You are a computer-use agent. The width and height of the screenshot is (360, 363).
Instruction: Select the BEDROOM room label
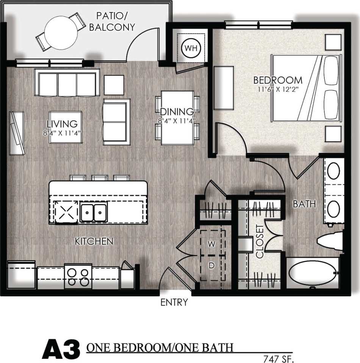[x=278, y=80]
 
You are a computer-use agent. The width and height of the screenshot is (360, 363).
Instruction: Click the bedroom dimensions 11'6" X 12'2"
[x=278, y=90]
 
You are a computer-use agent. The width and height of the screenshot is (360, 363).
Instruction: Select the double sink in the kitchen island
[x=93, y=212]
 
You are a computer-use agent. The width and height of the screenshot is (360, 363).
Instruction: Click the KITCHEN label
[x=94, y=241]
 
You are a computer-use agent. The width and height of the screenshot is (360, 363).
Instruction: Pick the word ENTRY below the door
[x=174, y=302]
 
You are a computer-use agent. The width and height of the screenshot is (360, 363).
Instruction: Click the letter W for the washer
[x=211, y=244]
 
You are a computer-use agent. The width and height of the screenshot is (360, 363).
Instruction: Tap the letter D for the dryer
[x=211, y=266]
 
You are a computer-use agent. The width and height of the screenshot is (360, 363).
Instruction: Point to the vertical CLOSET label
[x=260, y=241]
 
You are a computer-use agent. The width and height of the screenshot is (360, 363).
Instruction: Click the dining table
[x=177, y=117]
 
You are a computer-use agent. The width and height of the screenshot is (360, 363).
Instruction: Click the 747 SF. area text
[x=279, y=358]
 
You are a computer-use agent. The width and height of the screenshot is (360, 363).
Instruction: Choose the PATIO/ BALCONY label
[x=115, y=22]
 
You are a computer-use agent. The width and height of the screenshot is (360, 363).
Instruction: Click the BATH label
[x=304, y=204]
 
